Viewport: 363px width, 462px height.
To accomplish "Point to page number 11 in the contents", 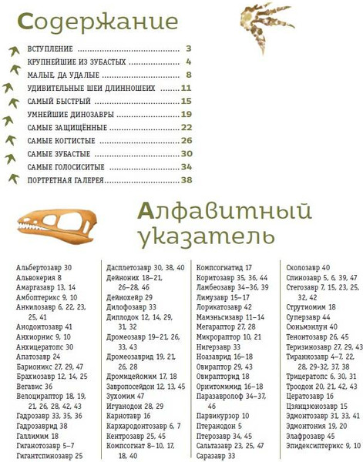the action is (186, 88).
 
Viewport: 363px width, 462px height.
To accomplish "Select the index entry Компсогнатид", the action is (222, 267).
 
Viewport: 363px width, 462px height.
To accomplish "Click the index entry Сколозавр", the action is (303, 267).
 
